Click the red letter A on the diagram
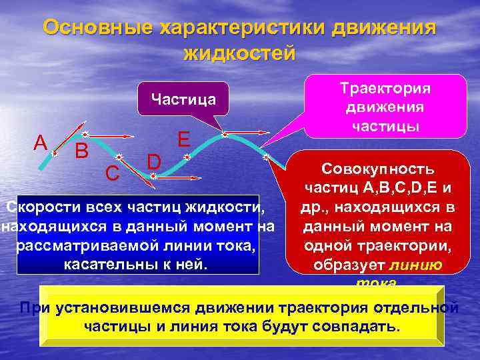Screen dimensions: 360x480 [41, 143]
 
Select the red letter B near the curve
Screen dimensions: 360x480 [81, 152]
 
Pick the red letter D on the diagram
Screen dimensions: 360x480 [154, 161]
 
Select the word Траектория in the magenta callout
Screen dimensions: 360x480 [385, 89]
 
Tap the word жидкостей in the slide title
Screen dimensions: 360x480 [239, 53]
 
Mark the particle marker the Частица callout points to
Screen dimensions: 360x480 [225, 134]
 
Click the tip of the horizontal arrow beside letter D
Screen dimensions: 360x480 [198, 178]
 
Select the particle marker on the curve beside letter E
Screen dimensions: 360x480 [187, 158]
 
